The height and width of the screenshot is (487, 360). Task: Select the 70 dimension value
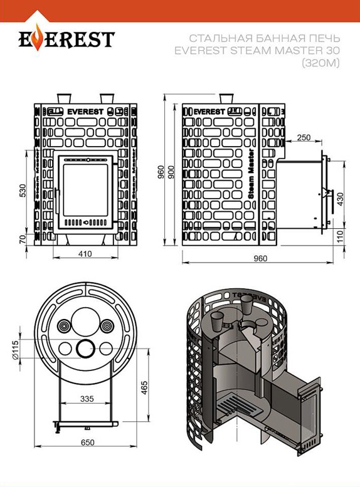coord(23,239)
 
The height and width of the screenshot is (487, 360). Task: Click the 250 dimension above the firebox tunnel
coord(304,137)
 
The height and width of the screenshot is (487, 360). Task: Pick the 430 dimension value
coord(339,197)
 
